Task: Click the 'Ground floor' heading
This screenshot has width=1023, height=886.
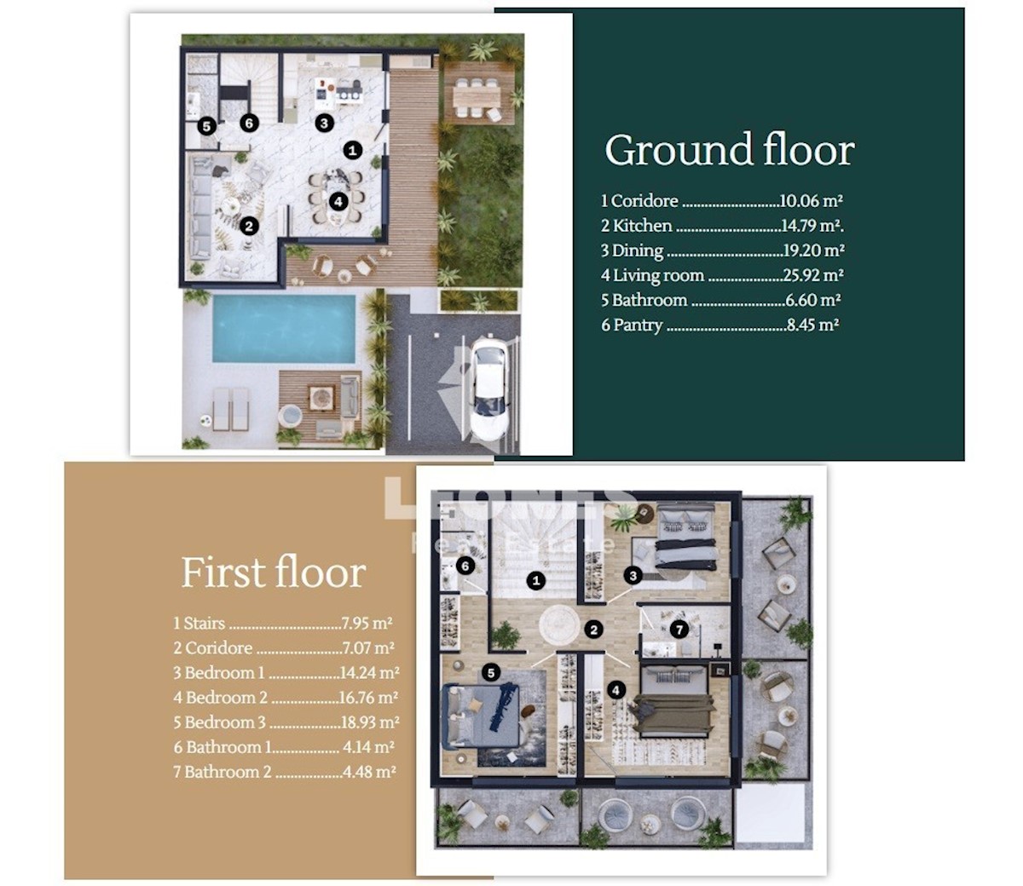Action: click(730, 150)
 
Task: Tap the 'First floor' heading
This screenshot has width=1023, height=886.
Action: click(274, 572)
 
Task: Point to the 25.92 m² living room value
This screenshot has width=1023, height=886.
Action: click(813, 275)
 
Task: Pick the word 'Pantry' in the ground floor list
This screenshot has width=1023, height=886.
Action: click(638, 325)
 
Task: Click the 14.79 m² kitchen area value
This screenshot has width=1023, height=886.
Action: click(812, 226)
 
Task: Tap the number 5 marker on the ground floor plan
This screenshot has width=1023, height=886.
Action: click(207, 127)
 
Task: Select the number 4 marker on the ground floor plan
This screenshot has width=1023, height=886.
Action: click(338, 201)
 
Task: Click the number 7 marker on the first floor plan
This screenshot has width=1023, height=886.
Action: click(679, 630)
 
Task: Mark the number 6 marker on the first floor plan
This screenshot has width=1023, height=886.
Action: click(465, 566)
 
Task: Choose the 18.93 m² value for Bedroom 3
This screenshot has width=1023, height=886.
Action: click(370, 722)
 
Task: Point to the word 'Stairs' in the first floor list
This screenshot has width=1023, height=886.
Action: click(204, 623)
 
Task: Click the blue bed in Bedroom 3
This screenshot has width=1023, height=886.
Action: click(483, 715)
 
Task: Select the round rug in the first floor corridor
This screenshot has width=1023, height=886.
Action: click(559, 625)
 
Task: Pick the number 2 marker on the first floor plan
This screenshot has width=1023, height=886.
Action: click(593, 630)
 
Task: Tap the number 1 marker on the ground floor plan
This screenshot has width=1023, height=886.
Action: click(352, 150)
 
